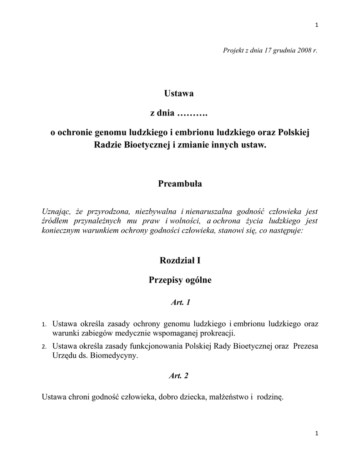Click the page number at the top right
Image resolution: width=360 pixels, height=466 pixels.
point(316,25)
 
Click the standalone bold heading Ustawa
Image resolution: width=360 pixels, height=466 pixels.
point(179,94)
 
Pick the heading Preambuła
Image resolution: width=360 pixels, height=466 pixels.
point(180,184)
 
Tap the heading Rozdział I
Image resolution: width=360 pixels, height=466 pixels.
point(180,261)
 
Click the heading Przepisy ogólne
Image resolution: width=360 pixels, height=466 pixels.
point(180,280)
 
